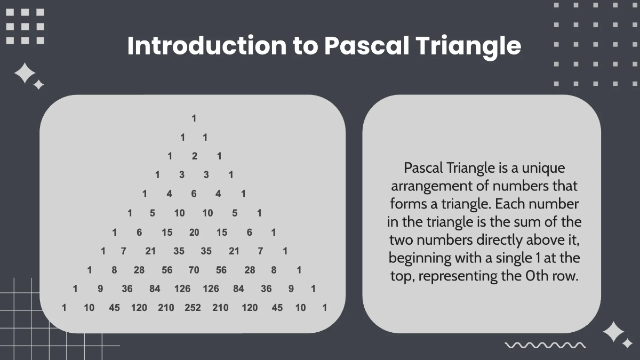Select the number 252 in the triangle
tap(193, 307)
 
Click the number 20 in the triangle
tap(194, 232)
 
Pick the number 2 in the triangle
tap(194, 156)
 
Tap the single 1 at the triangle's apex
tap(194, 118)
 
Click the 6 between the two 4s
tap(194, 194)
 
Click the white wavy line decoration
tap(545, 345)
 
